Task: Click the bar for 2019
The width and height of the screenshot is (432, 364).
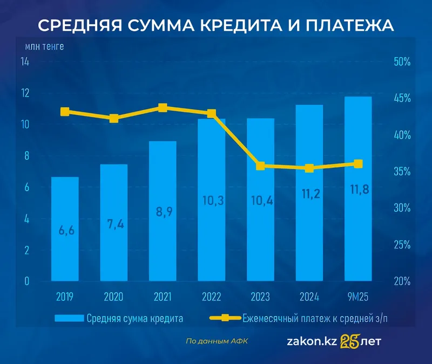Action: (65, 229)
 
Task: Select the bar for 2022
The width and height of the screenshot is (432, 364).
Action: (211, 200)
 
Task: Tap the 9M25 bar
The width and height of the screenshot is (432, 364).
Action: (358, 189)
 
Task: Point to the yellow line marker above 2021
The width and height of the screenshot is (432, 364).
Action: (163, 108)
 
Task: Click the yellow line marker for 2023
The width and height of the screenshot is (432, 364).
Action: (260, 166)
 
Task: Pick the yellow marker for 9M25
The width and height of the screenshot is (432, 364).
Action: (358, 164)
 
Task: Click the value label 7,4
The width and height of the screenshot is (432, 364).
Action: (113, 224)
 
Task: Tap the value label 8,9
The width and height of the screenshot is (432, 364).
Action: (163, 212)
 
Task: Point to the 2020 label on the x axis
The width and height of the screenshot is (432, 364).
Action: (113, 296)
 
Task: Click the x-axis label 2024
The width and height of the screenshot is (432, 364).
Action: (309, 296)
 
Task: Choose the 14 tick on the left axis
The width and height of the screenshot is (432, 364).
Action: (25, 61)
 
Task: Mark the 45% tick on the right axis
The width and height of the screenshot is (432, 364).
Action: (402, 98)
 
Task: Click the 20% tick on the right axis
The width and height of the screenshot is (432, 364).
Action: (402, 281)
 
